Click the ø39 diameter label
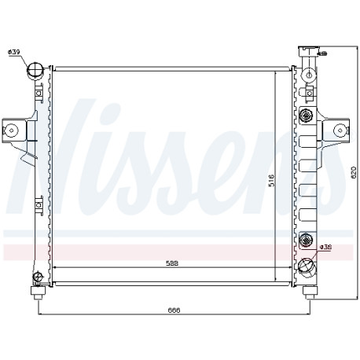(14, 52)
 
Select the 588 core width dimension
(172, 263)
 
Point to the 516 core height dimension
(271, 180)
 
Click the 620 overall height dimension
(354, 172)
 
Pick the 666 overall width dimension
(174, 310)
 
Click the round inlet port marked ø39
(35, 70)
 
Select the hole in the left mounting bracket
(12, 130)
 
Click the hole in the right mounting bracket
(340, 130)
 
